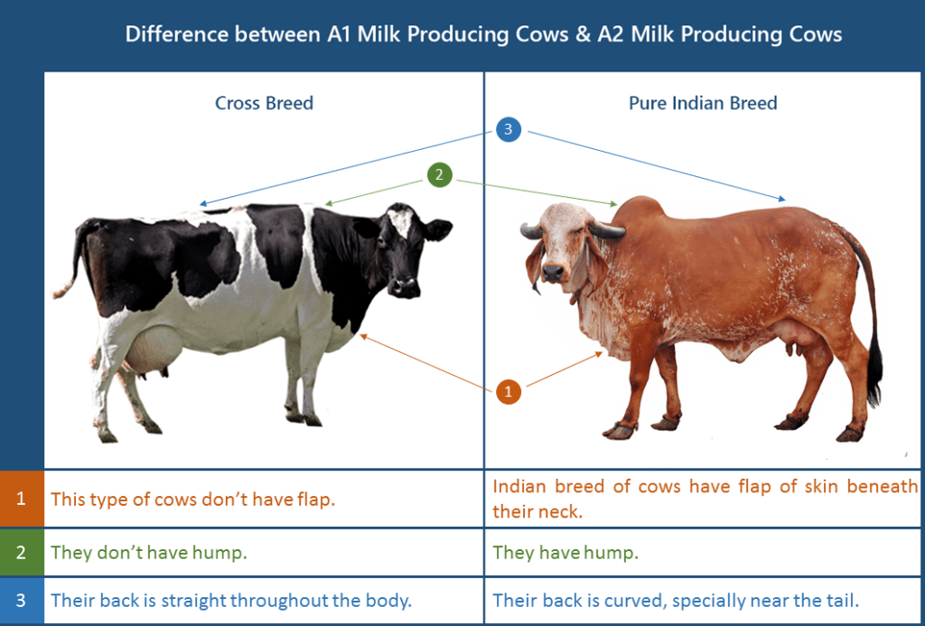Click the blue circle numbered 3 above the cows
coord(509,130)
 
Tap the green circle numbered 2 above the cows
coord(439,175)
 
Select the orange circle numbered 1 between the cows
coord(508,391)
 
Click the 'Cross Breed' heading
coord(264,103)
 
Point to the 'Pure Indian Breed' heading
coord(703,103)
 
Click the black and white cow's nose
coord(405,287)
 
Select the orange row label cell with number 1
coord(22,498)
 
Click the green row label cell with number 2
coord(22,553)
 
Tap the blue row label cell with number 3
coord(22,601)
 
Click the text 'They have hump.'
coord(565,553)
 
